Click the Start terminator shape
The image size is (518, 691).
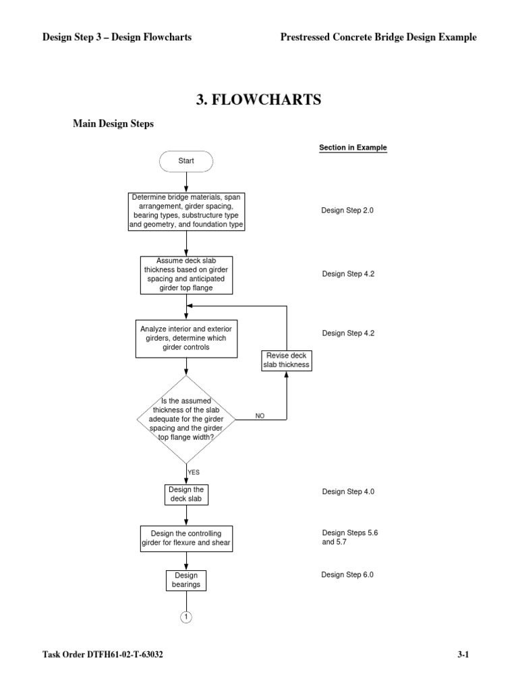pos(186,161)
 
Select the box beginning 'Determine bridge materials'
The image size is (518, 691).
pos(186,211)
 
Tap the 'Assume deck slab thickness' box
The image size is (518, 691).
pos(186,275)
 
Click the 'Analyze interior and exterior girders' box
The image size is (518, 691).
pos(186,338)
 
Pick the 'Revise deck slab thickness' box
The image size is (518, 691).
pos(286,360)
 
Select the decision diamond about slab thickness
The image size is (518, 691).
pos(186,418)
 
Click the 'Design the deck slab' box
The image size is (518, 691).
pos(186,495)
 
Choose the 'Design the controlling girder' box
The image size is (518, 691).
pos(186,538)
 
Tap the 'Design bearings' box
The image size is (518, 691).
pos(186,580)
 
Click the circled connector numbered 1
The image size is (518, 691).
pos(186,617)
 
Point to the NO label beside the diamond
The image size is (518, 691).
pos(260,416)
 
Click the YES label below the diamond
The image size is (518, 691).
pos(194,472)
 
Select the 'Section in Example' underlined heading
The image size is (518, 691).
pos(353,148)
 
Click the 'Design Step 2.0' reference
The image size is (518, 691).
pos(347,211)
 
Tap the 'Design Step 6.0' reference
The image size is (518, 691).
pos(347,575)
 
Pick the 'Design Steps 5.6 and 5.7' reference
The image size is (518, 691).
pos(350,537)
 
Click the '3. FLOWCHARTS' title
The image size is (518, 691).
pos(259,101)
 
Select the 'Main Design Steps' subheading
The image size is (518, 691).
pos(113,124)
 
